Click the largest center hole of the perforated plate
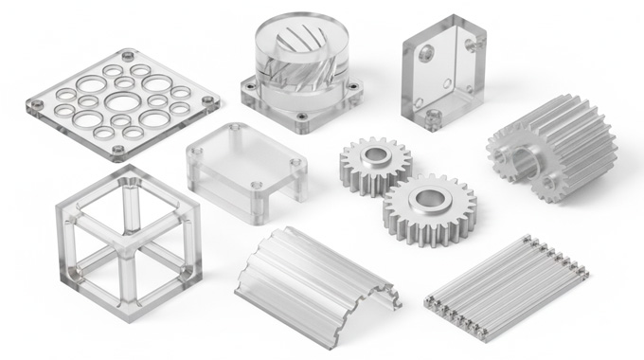tap(121, 100)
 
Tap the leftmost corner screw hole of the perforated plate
tap(36, 103)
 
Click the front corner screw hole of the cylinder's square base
tap(301, 119)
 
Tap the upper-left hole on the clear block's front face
tap(423, 53)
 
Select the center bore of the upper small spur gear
tap(375, 153)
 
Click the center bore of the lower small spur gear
tap(431, 198)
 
